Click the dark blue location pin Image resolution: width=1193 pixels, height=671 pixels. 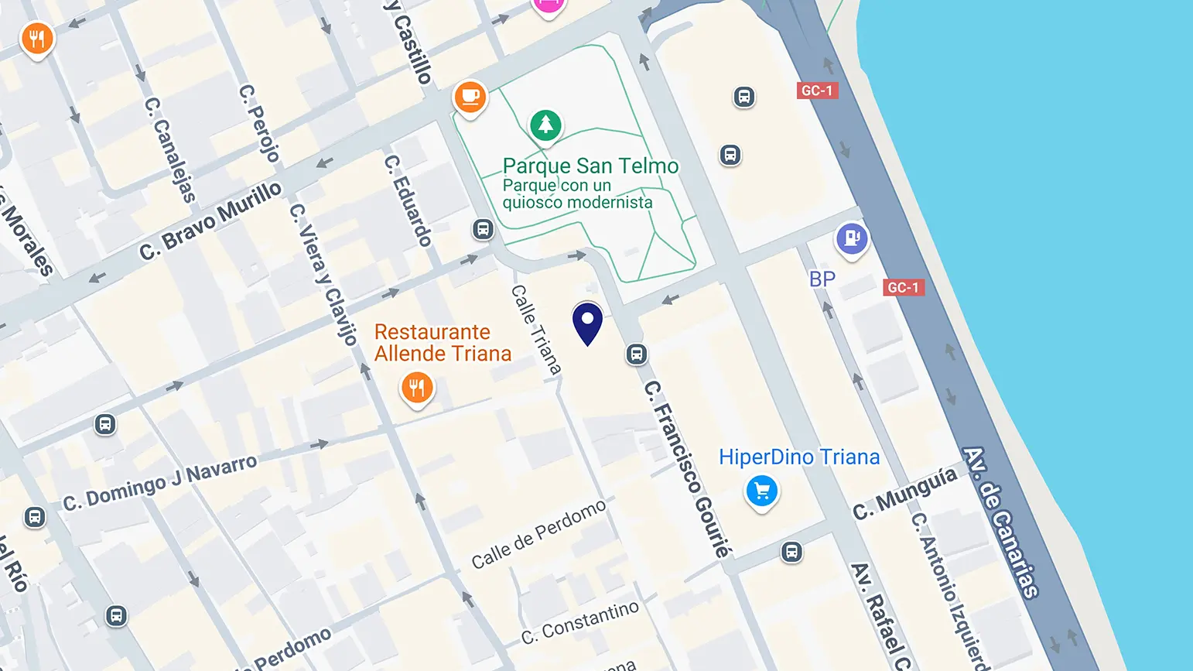point(587,322)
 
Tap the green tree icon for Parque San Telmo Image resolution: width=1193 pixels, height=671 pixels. point(545,125)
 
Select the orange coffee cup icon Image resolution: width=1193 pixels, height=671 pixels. point(470,98)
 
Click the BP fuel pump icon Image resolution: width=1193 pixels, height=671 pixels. point(852,238)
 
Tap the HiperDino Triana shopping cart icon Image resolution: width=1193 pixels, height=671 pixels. point(762,491)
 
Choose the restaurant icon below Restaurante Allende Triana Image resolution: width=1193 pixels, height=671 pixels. point(417,388)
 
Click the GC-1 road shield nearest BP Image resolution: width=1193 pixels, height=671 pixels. point(903,288)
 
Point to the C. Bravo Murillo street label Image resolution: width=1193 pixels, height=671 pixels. point(210,221)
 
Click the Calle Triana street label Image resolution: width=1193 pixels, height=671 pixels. point(535,330)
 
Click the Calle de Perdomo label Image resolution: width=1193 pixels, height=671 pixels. point(538,535)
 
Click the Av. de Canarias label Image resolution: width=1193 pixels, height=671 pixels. point(1000,522)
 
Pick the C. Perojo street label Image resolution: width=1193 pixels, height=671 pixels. point(259,123)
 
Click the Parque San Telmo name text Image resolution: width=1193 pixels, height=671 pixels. point(590,166)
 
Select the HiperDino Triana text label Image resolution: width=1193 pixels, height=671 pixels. point(799,457)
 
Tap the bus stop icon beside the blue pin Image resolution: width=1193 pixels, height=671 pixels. point(636,354)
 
